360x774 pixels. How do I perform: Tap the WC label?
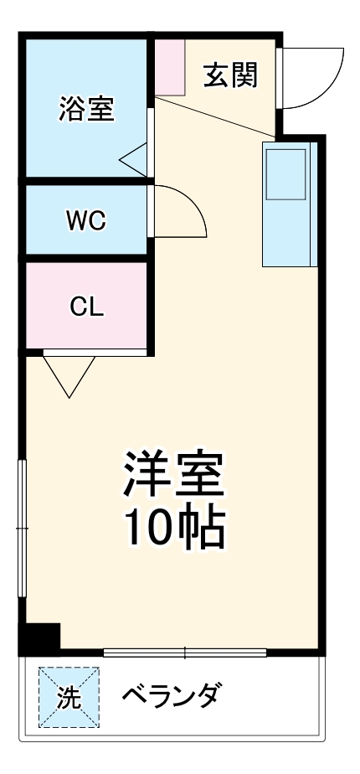86,220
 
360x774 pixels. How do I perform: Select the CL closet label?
86,307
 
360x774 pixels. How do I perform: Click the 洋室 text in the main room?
174,475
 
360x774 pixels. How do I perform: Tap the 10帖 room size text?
174,526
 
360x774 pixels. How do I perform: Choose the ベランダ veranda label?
172,696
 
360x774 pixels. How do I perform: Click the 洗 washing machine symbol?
68,697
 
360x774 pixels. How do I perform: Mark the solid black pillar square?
39,638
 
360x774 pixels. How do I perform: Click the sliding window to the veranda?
185,653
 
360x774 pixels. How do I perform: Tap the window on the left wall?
23,529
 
